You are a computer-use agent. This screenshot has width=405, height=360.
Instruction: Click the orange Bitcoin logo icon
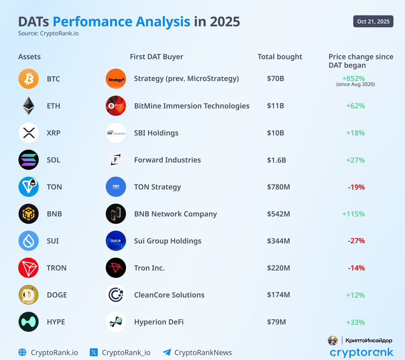(x=28, y=79)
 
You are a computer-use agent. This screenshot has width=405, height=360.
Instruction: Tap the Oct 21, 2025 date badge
(x=373, y=22)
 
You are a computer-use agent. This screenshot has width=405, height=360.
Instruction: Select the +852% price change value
(x=353, y=78)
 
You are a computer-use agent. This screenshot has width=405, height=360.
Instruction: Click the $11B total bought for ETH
(x=275, y=106)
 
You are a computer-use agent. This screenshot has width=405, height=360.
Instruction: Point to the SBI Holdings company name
(x=156, y=133)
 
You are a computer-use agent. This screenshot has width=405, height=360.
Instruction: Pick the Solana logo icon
(x=28, y=160)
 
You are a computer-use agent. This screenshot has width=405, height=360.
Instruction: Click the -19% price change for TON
(x=356, y=187)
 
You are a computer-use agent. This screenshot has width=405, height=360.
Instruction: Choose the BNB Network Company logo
(x=116, y=214)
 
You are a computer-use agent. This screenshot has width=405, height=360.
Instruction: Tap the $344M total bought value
(x=278, y=241)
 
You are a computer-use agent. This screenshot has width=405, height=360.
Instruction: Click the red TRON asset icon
(x=28, y=268)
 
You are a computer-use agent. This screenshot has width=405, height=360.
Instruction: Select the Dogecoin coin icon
(x=28, y=295)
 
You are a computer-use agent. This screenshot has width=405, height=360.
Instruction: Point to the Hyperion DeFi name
(x=159, y=322)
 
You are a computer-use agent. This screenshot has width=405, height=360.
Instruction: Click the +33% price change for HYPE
(x=355, y=322)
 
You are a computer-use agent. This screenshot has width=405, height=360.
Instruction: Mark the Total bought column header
(x=280, y=57)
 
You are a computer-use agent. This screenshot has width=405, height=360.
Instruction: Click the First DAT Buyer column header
(x=156, y=57)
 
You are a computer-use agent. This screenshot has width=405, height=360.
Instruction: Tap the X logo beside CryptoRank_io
(x=94, y=352)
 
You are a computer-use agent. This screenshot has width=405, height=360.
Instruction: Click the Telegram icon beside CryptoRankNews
(x=167, y=352)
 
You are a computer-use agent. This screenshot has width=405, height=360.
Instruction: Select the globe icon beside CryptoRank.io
(x=22, y=352)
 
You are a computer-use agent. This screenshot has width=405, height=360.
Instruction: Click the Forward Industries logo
(x=116, y=160)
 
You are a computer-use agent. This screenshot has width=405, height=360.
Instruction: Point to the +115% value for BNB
(x=353, y=214)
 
